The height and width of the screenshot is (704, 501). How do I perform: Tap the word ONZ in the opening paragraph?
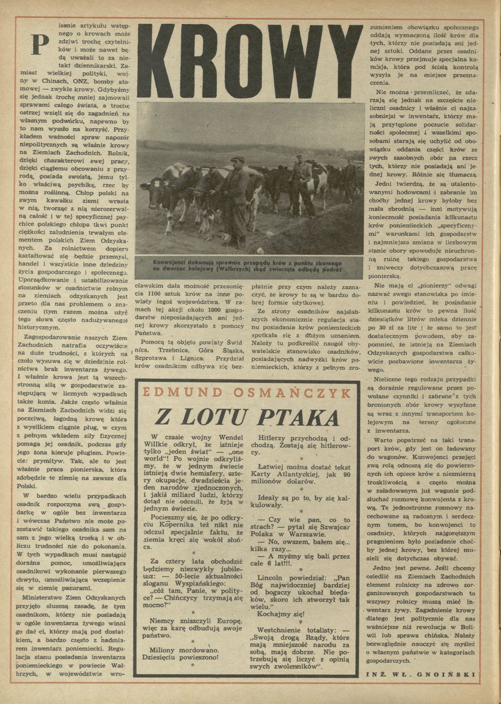[x=83, y=81]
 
